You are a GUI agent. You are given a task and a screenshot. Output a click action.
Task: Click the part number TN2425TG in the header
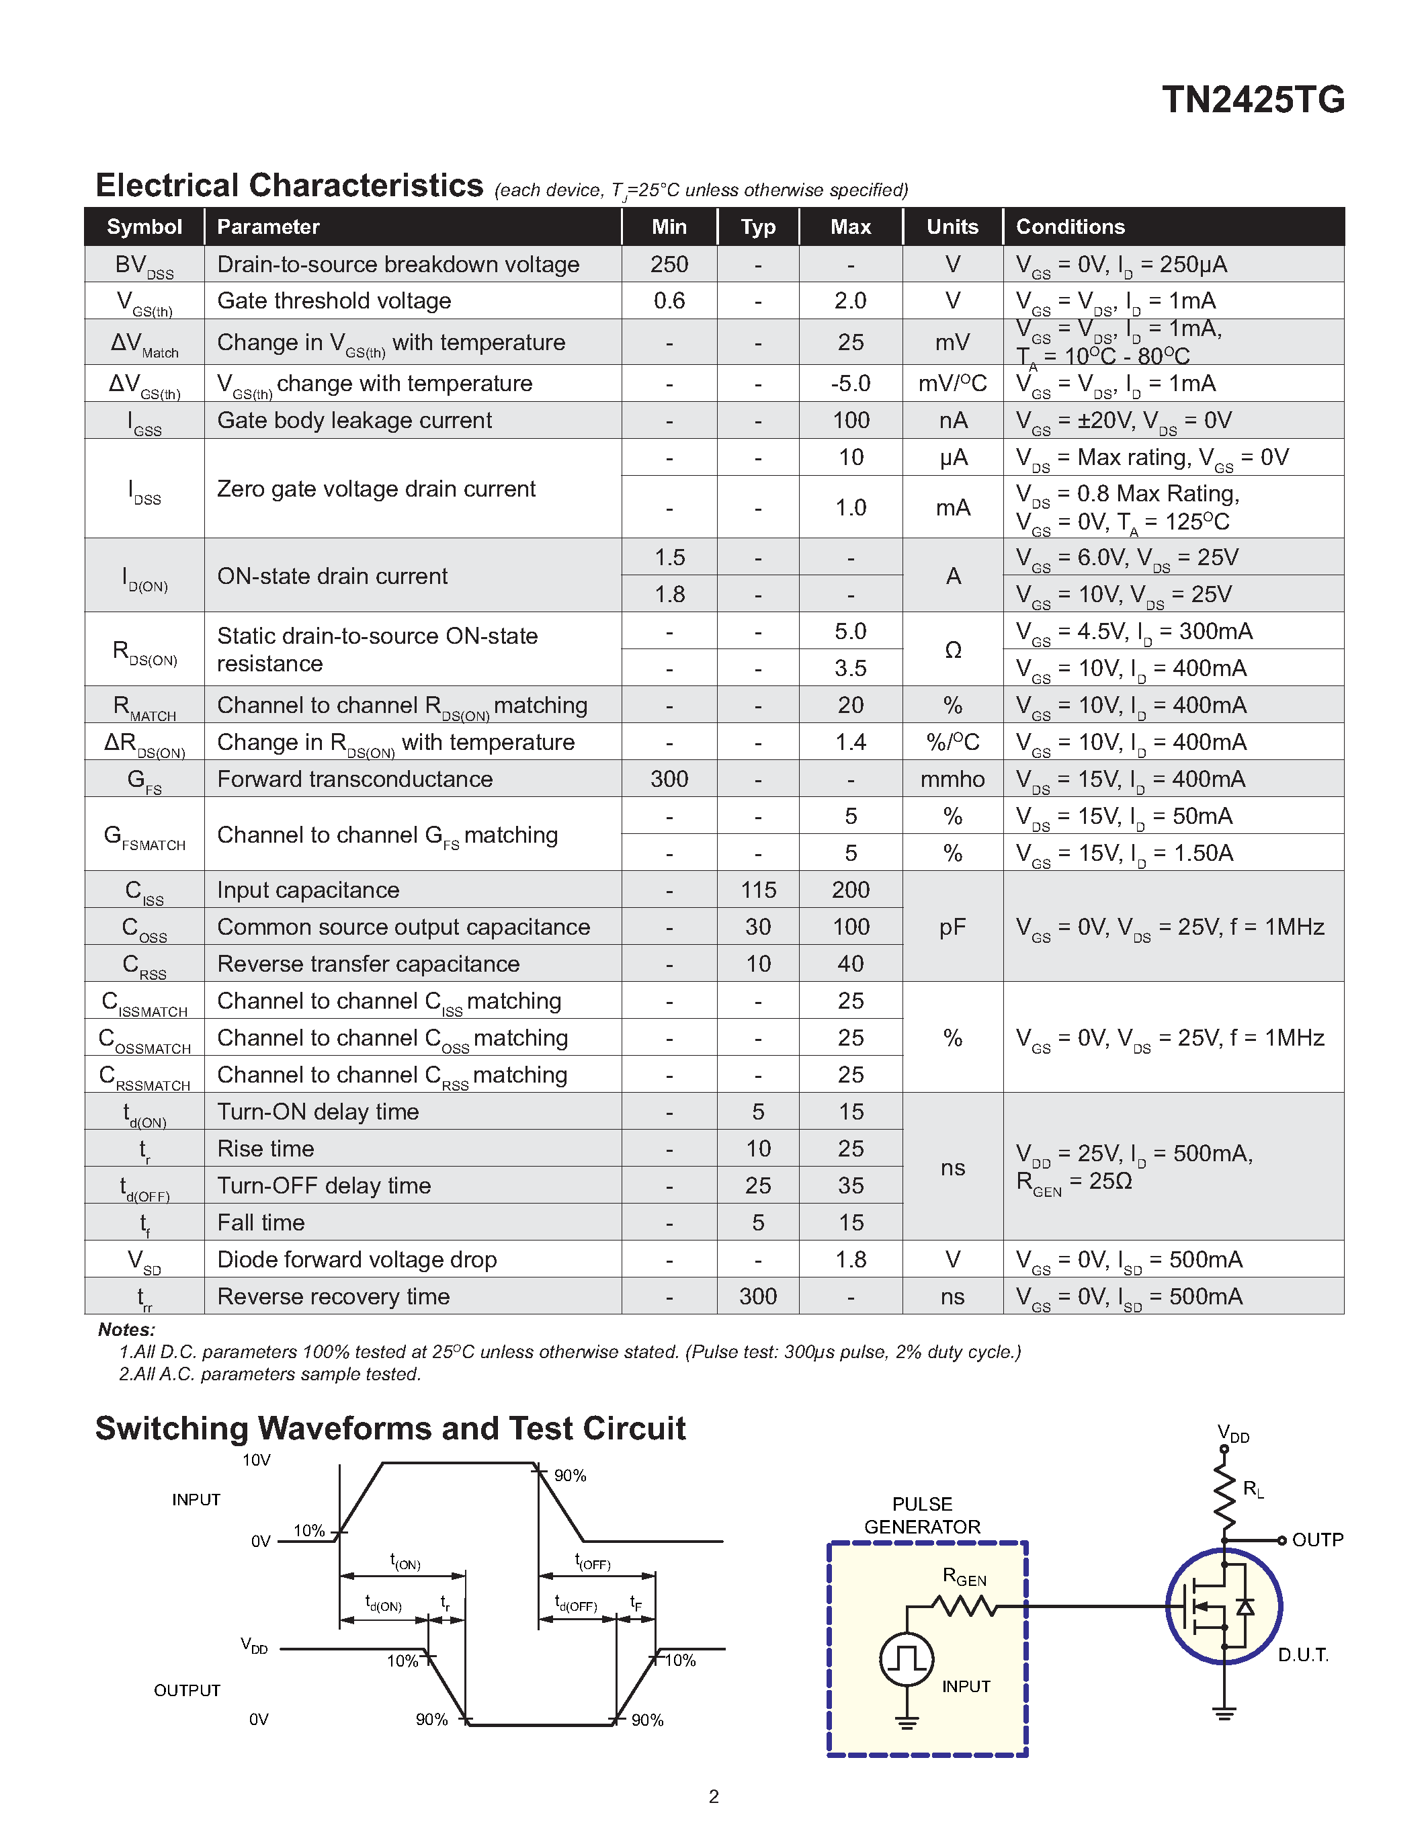[x=1252, y=100]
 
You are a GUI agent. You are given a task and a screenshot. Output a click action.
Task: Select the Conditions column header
[x=1069, y=226]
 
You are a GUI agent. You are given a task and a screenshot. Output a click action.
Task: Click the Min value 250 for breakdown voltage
[x=669, y=264]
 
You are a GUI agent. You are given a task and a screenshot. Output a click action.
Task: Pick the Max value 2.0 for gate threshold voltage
[x=850, y=300]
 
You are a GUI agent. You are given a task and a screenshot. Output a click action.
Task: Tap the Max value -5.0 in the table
[x=850, y=383]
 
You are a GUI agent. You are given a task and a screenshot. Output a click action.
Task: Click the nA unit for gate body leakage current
[x=953, y=421]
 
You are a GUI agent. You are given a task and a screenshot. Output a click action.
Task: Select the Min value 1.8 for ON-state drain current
[x=669, y=594]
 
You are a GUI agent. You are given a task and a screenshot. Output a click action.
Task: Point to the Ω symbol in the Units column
[x=953, y=650]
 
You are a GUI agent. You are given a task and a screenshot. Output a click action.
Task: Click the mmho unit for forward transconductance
[x=953, y=780]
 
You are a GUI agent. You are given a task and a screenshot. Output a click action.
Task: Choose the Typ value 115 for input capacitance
[x=758, y=890]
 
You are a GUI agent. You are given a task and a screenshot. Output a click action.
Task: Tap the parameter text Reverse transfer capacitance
[x=368, y=964]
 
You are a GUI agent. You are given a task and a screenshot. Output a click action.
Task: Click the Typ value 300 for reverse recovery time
[x=758, y=1296]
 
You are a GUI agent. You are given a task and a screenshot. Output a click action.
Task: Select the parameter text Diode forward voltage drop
[x=356, y=1259]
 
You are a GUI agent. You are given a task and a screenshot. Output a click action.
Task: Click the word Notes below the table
[x=126, y=1329]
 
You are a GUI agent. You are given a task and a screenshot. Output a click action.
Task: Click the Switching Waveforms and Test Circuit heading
[x=390, y=1428]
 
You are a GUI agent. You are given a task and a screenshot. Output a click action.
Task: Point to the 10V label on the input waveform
[x=256, y=1460]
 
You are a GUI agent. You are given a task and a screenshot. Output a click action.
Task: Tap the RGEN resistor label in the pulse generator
[x=964, y=1577]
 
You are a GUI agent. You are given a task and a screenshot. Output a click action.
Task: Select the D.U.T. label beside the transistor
[x=1303, y=1655]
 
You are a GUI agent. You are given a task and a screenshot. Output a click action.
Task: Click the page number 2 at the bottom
[x=713, y=1796]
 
